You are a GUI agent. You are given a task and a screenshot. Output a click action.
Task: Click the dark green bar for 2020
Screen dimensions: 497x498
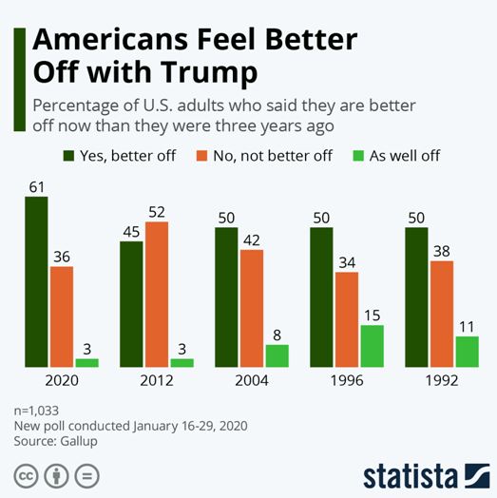click(36, 282)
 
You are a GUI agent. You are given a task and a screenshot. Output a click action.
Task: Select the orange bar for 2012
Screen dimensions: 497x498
click(157, 295)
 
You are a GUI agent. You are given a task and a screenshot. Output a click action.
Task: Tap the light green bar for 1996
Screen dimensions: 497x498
click(373, 346)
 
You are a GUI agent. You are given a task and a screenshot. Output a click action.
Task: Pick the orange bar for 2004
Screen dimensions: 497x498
click(252, 308)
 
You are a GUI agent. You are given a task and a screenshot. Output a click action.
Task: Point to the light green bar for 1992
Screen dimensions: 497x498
click(468, 352)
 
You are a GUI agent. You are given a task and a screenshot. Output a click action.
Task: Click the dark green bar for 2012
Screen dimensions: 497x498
click(131, 304)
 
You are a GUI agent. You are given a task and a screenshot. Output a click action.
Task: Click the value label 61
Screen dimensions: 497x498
click(37, 187)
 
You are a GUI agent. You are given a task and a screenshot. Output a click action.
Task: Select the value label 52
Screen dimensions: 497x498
click(157, 212)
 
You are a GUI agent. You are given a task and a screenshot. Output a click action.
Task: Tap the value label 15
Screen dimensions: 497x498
click(373, 316)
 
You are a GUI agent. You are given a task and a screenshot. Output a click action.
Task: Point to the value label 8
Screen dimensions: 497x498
click(277, 335)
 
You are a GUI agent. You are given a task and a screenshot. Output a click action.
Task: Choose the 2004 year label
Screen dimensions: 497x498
click(252, 380)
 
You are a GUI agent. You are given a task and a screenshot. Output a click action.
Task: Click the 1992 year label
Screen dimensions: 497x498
click(442, 380)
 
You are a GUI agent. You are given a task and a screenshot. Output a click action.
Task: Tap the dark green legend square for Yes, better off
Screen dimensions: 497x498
click(68, 156)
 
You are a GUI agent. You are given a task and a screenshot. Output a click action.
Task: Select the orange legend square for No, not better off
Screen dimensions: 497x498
click(202, 156)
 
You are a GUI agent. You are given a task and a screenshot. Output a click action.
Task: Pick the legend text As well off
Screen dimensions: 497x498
click(405, 156)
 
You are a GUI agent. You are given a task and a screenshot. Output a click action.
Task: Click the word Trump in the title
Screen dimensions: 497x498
click(209, 72)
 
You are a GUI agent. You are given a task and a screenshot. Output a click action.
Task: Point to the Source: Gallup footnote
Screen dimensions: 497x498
click(55, 441)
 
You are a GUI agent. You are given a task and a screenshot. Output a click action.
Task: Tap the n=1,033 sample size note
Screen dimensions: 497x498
click(36, 411)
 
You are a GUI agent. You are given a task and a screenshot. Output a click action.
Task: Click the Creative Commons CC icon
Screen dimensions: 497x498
click(26, 476)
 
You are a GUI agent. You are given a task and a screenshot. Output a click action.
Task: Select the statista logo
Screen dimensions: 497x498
click(427, 476)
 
